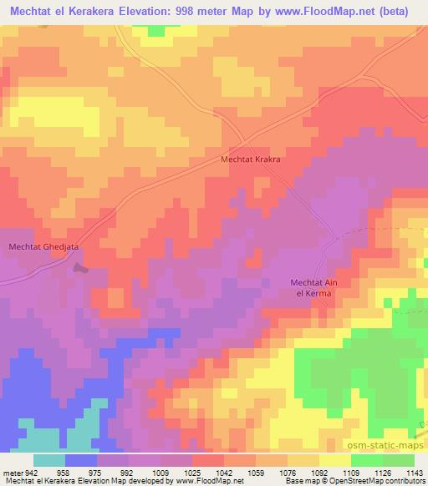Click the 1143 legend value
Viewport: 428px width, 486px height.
coord(415,473)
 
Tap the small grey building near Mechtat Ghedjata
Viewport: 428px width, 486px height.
coord(79,268)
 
